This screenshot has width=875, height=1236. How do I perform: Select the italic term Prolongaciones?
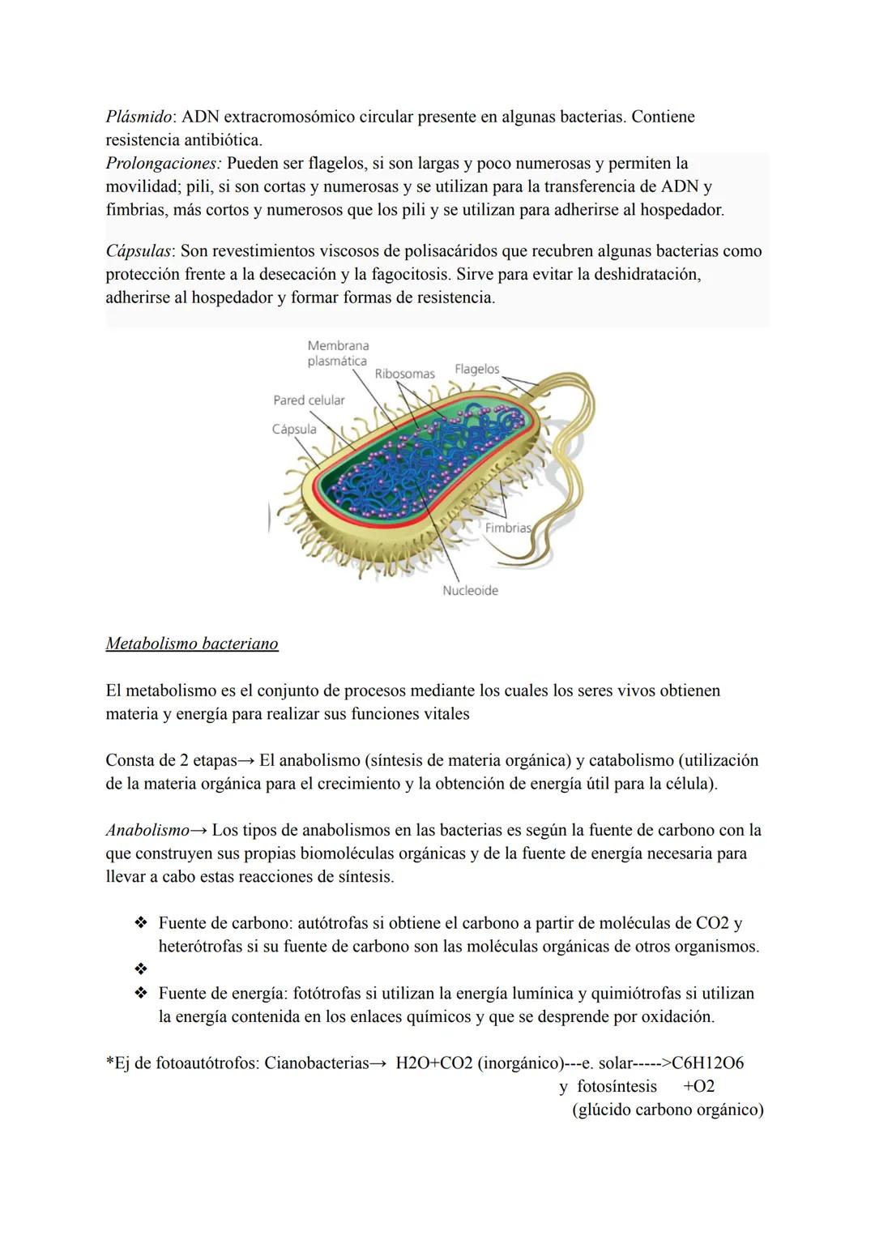click(x=163, y=164)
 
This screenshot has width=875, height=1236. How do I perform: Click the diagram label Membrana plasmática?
click(x=338, y=353)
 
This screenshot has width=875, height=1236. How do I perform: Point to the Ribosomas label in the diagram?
click(x=404, y=374)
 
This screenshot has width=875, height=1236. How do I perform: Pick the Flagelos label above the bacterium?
click(x=476, y=370)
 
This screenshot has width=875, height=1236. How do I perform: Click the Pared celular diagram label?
click(x=309, y=400)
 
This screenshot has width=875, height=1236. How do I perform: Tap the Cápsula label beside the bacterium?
click(x=294, y=430)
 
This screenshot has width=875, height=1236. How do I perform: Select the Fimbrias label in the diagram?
click(x=507, y=528)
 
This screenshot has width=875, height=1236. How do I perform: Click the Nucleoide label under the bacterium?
click(x=470, y=591)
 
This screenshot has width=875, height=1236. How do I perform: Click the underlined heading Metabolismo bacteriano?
click(x=192, y=644)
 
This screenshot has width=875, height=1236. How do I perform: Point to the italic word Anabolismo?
click(x=147, y=831)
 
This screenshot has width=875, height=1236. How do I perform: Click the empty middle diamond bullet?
click(x=141, y=969)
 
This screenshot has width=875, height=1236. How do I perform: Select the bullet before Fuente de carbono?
click(x=141, y=923)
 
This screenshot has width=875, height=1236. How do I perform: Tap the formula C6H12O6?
click(x=707, y=1063)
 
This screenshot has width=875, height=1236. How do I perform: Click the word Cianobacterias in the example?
click(x=317, y=1063)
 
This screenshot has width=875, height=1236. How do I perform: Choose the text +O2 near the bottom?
click(x=698, y=1087)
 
